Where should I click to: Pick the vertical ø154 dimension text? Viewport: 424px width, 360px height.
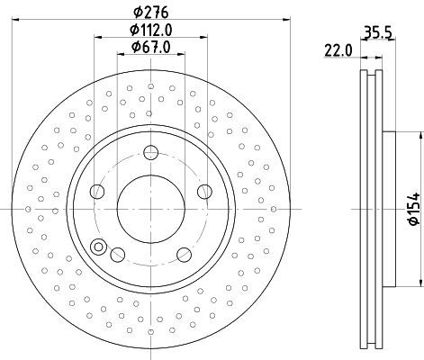click(x=410, y=209)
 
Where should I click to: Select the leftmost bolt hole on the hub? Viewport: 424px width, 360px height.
click(x=96, y=190)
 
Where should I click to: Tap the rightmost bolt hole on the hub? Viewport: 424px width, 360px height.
click(x=203, y=190)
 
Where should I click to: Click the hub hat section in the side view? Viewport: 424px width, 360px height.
click(x=389, y=209)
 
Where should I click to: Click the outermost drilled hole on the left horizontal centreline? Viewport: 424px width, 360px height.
click(x=16, y=209)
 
